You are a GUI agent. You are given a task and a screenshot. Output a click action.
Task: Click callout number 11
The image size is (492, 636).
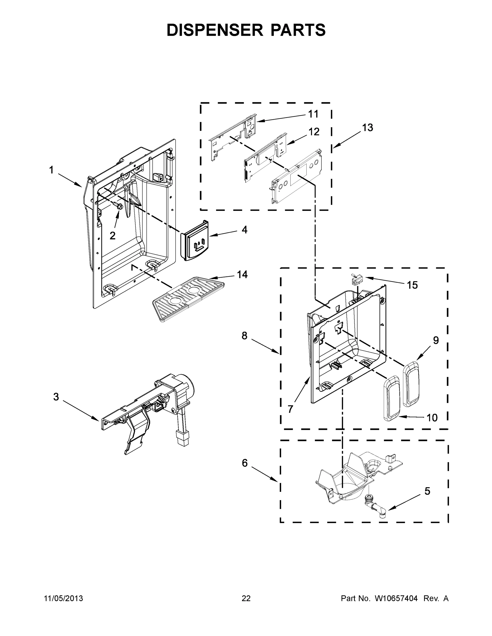point(313,114)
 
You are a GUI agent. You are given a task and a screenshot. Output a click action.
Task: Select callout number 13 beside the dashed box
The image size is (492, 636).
point(368,127)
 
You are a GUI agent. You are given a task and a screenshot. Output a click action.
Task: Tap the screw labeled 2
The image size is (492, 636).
point(119,206)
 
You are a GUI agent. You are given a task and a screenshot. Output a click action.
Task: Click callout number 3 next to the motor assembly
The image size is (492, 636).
point(56,397)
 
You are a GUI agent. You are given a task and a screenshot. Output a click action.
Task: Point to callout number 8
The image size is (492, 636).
point(244,336)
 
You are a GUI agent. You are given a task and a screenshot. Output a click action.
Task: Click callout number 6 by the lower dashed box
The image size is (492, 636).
point(245,463)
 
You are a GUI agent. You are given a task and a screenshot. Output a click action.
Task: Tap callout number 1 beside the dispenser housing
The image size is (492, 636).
point(51,170)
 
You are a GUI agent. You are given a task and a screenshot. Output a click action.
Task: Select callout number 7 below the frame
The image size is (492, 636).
point(290,409)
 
